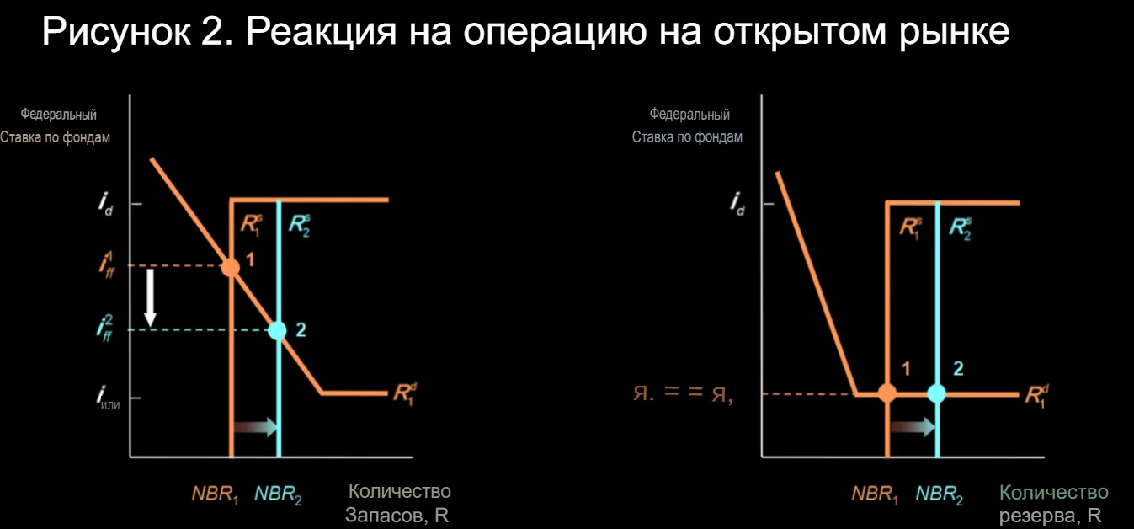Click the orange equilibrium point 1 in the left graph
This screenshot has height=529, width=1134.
click(x=231, y=267)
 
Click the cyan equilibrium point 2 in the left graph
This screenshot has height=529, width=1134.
click(x=277, y=330)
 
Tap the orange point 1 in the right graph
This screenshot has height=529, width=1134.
click(x=887, y=393)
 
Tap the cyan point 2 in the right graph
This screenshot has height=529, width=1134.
click(x=936, y=393)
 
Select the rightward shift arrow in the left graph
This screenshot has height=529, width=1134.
click(x=256, y=427)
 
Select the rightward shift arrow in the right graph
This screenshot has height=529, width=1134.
click(x=913, y=426)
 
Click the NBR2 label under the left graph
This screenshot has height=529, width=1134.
click(x=278, y=494)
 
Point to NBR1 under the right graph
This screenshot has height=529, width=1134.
click(x=875, y=494)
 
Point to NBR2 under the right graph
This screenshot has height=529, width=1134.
click(x=939, y=494)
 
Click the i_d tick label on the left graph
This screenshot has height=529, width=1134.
click(x=105, y=204)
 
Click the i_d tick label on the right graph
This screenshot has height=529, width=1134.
click(x=737, y=204)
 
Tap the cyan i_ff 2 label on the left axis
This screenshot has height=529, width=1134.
click(x=104, y=329)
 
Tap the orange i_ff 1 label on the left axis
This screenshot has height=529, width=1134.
click(x=107, y=264)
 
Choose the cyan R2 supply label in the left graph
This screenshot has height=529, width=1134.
click(x=300, y=226)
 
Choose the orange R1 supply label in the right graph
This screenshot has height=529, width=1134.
click(x=911, y=228)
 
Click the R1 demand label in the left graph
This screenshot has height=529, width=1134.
click(x=406, y=393)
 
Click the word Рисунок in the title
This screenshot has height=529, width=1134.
click(x=116, y=32)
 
